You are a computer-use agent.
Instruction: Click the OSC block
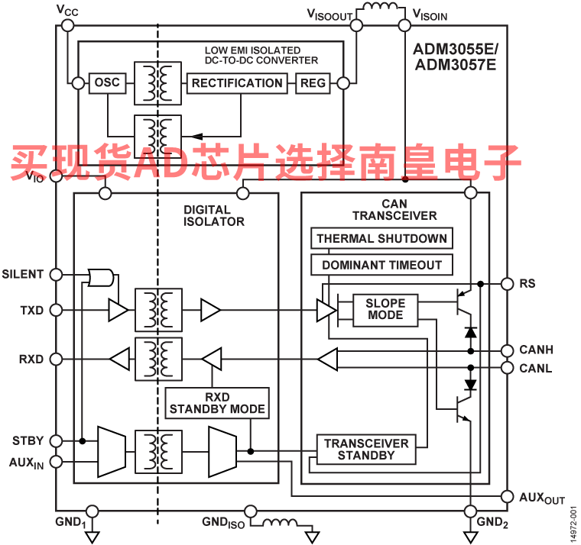[108, 83]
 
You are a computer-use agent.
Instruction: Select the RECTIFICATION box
[237, 83]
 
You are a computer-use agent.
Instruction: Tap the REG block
[313, 83]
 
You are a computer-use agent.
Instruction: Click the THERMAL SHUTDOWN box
[381, 238]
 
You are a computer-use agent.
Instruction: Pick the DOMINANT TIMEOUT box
[381, 265]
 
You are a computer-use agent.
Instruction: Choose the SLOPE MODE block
[385, 310]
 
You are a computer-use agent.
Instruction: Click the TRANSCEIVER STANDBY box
[366, 449]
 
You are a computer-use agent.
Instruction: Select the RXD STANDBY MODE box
[217, 403]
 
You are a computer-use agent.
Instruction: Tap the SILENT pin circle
[56, 275]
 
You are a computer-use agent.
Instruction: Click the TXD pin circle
[56, 310]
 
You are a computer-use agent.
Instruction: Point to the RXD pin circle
[56, 359]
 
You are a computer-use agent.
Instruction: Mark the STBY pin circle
[56, 440]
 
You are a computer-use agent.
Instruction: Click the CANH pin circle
[508, 350]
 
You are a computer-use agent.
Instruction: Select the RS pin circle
[508, 284]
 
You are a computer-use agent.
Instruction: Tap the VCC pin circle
[67, 25]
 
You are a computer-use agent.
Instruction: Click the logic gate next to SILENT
[100, 278]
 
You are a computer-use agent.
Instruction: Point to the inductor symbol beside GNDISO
[280, 522]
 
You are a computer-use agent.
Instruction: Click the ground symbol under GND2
[471, 537]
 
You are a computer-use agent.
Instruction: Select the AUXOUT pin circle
[508, 497]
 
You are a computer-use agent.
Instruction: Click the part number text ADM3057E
[456, 65]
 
